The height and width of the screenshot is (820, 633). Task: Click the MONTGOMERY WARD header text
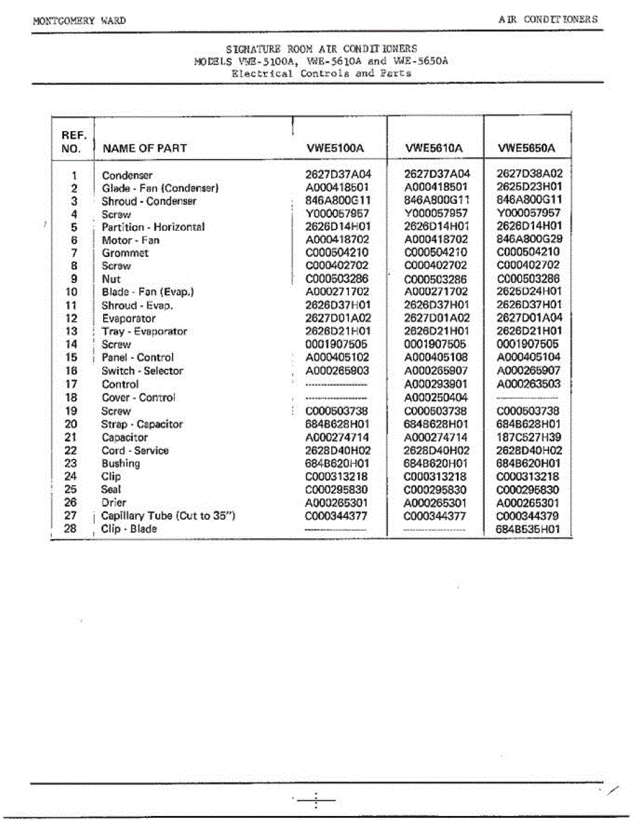click(x=79, y=20)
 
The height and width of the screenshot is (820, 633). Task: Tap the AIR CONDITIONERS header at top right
click(x=548, y=19)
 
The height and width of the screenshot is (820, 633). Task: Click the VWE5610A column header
click(x=434, y=148)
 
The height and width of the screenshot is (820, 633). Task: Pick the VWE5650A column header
click(x=527, y=148)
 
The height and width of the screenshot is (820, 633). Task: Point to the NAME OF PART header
click(x=144, y=148)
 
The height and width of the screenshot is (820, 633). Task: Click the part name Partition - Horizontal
click(x=153, y=227)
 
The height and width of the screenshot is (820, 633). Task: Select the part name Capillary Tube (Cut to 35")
click(x=168, y=516)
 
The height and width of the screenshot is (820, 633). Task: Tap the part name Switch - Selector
click(x=142, y=371)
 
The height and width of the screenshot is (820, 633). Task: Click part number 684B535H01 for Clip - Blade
click(x=529, y=530)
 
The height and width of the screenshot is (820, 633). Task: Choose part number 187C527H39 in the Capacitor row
click(x=529, y=437)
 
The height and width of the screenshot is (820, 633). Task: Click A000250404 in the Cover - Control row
click(x=436, y=398)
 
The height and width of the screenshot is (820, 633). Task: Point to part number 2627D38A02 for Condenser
click(x=529, y=175)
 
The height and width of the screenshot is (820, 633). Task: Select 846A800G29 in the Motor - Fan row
click(x=529, y=240)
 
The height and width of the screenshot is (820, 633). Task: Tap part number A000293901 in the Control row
click(x=436, y=384)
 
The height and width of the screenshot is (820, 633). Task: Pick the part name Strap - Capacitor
click(x=142, y=424)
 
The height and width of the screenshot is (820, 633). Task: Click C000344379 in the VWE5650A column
click(x=529, y=516)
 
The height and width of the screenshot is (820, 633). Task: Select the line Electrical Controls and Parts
click(x=321, y=73)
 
